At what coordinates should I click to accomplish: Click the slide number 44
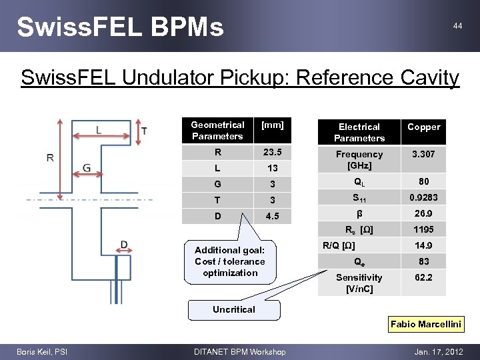coord(457,25)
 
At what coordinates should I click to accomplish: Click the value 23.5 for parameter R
coord(273,152)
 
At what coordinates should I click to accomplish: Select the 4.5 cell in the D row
coord(273,216)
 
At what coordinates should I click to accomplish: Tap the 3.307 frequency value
coord(423,154)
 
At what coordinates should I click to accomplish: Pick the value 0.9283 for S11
coord(423,198)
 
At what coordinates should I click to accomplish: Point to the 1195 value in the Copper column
coord(423,230)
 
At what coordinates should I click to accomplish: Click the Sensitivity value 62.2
coord(423,277)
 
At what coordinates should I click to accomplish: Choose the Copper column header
coord(423,127)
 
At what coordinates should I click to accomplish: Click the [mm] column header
coord(273,125)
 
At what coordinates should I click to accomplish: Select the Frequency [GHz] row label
coord(359,159)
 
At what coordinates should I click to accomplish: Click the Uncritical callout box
coord(234,309)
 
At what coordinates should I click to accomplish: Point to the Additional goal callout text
coord(230,261)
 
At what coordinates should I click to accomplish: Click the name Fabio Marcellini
coord(426,324)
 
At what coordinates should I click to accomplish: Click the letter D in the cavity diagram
coord(124,246)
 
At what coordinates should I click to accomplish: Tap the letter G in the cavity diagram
coord(87,167)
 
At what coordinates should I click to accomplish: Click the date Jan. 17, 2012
coord(438,352)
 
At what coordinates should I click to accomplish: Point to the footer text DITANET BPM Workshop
coord(239,352)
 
